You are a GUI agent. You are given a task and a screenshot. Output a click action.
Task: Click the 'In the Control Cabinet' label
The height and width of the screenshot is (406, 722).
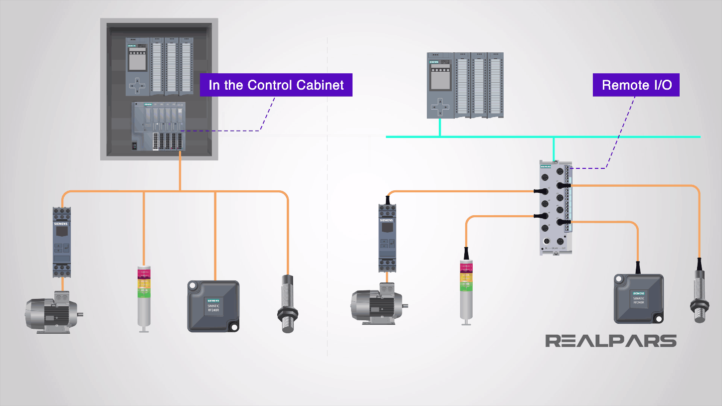click(276, 85)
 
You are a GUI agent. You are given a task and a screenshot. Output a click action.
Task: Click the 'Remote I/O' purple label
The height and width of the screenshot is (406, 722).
click(636, 85)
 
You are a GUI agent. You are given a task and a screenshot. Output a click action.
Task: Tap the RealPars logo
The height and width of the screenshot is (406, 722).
click(611, 341)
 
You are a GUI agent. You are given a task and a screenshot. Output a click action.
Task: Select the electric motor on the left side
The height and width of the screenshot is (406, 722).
click(52, 314)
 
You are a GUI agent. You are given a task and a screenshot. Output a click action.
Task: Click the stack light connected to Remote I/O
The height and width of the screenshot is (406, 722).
click(466, 291)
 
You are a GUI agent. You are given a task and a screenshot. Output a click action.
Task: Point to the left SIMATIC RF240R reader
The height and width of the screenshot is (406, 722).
click(213, 306)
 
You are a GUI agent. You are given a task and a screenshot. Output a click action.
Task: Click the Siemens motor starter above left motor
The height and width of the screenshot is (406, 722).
click(62, 242)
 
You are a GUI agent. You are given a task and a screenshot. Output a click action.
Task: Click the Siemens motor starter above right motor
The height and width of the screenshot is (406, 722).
click(387, 237)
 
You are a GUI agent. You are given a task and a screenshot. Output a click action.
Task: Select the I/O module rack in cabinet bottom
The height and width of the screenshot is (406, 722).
click(159, 127)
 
